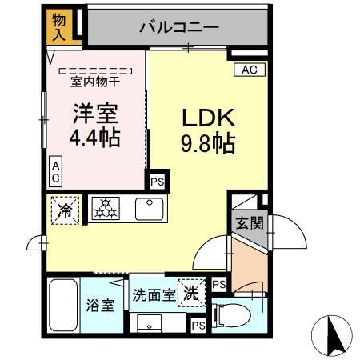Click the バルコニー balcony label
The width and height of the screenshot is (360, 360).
(x=178, y=27)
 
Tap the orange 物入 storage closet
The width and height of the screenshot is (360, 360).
(x=59, y=26)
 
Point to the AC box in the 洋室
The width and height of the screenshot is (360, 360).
(x=55, y=169)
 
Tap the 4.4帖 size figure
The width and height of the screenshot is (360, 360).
(x=95, y=138)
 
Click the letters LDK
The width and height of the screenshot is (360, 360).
(x=206, y=118)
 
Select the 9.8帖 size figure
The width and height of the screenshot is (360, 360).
(x=206, y=145)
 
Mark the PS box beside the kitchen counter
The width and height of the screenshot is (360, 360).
(x=157, y=181)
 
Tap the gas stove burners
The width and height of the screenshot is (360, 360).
(x=104, y=210)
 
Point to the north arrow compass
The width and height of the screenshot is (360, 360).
(x=335, y=335)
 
